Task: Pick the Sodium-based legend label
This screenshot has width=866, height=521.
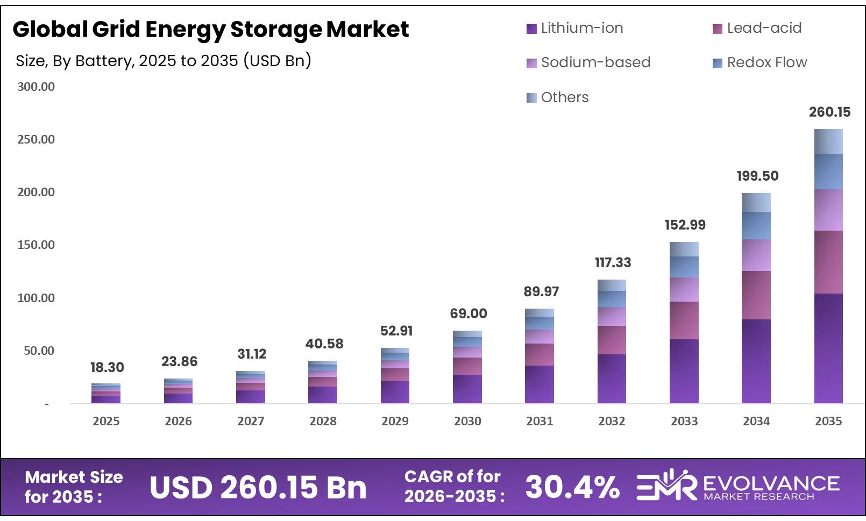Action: [x=595, y=62]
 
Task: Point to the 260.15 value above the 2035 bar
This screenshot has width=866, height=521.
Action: [x=829, y=112]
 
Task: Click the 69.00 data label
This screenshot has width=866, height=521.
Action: [x=468, y=313]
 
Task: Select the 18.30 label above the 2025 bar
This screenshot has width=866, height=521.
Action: [x=107, y=367]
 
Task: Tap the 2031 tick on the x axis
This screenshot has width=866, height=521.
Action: [x=539, y=421]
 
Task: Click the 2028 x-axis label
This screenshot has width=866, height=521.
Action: [x=323, y=421]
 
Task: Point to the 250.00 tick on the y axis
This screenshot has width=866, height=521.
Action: [x=36, y=139]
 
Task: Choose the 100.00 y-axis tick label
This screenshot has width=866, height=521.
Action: [x=36, y=298]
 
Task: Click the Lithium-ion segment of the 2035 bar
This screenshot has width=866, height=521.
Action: [x=828, y=348]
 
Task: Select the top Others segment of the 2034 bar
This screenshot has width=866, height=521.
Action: [x=756, y=202]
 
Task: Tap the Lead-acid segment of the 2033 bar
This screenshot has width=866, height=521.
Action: [x=684, y=320]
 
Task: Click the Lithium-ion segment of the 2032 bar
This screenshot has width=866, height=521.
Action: [x=612, y=379]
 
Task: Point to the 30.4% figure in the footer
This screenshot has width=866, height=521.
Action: [x=572, y=487]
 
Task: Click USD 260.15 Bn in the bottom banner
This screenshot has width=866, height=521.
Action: [x=258, y=487]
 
